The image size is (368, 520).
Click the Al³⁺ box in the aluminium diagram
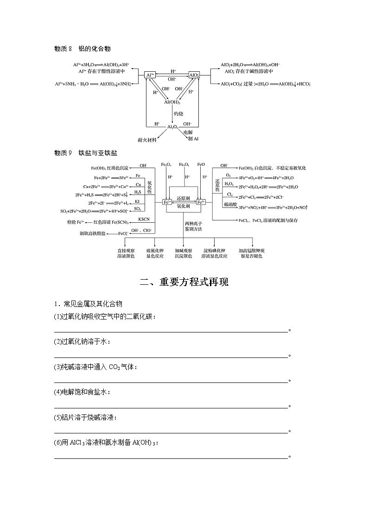click(x=150, y=75)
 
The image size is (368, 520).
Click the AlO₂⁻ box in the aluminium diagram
click(x=194, y=75)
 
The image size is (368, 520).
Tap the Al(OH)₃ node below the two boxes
click(x=172, y=102)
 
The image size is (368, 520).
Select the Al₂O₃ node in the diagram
click(x=172, y=126)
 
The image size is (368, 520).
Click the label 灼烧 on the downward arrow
click(x=178, y=113)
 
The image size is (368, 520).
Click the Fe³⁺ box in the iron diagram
click(x=167, y=202)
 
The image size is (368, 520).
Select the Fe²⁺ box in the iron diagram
click(x=201, y=202)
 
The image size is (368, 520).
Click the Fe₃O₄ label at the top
click(x=184, y=165)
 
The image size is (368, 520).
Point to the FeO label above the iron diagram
click(x=201, y=165)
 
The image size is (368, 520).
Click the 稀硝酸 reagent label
click(x=229, y=204)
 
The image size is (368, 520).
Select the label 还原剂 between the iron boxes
click(x=184, y=198)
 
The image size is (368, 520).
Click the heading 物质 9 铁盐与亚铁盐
click(x=85, y=153)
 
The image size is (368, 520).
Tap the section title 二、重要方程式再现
click(x=184, y=282)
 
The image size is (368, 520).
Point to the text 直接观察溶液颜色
click(x=125, y=253)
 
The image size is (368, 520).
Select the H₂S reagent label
click(x=138, y=192)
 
